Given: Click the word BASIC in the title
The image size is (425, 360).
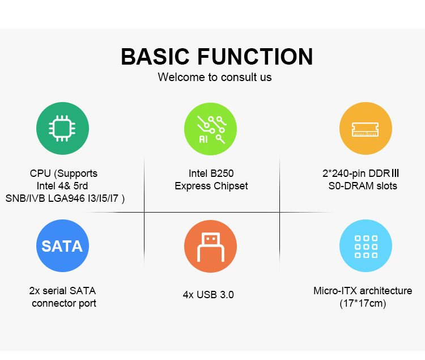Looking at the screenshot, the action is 155,56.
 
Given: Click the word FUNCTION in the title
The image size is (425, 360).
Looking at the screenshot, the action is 255,56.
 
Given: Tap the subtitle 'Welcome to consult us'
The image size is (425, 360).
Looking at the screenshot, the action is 215,77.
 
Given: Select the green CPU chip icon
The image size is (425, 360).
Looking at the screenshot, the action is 62,129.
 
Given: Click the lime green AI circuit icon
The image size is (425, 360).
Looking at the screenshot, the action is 210,129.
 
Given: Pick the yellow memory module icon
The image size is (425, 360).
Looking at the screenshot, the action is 365,129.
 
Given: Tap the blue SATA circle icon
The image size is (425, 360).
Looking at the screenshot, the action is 62,246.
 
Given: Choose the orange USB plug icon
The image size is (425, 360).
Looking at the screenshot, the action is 210,247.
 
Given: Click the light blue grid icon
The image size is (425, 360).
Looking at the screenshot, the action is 365,246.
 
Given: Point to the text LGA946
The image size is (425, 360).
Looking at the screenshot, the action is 66,198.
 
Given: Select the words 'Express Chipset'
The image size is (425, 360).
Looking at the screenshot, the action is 211,186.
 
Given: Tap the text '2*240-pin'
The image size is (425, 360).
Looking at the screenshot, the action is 344,173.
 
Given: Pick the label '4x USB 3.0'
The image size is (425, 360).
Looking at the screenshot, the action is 208,295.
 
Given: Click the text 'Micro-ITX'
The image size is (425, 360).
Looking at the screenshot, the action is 335,291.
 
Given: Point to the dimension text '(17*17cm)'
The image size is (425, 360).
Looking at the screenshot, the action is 363,303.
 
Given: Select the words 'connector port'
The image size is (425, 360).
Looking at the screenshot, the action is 64,303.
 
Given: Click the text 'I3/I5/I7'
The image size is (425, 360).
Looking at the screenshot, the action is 103,198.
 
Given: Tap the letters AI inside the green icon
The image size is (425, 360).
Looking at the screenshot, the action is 203,139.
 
